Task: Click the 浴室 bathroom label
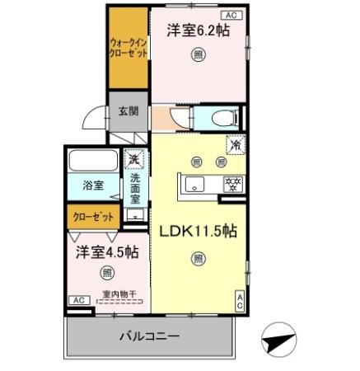(93, 185)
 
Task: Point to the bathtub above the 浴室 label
(93, 160)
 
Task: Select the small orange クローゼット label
(92, 217)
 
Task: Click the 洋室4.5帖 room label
(102, 251)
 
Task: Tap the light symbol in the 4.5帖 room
(106, 272)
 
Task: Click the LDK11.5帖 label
(198, 231)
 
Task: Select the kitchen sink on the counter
(195, 184)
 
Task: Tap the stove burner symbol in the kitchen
(232, 184)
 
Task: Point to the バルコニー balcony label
(148, 336)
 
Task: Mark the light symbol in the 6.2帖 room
(198, 55)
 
